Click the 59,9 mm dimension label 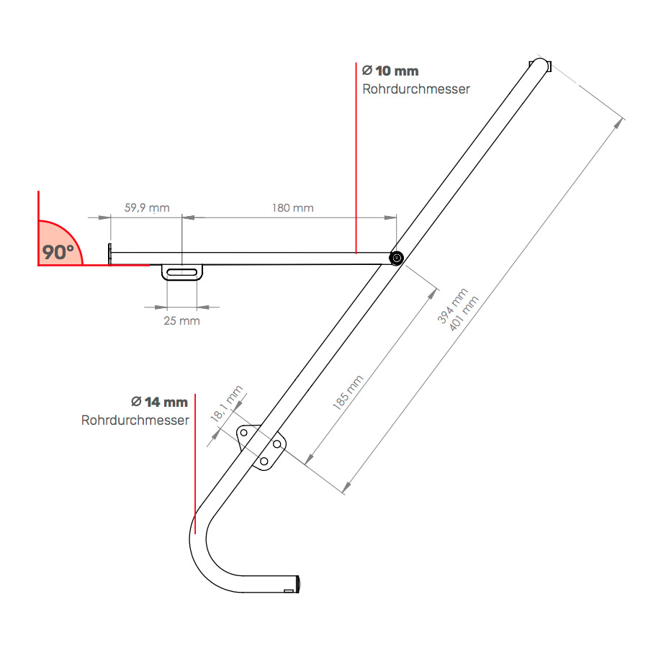[x=147, y=208]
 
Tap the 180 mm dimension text [x=292, y=208]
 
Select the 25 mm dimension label [x=181, y=320]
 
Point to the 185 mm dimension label [x=349, y=392]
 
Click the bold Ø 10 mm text [x=390, y=71]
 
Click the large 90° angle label [x=58, y=252]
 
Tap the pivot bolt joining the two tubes [x=395, y=258]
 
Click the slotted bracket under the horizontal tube [x=185, y=272]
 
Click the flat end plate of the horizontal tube [x=109, y=253]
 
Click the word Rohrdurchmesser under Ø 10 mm [x=416, y=89]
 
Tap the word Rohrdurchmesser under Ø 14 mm [x=135, y=420]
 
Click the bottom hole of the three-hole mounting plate [x=264, y=461]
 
